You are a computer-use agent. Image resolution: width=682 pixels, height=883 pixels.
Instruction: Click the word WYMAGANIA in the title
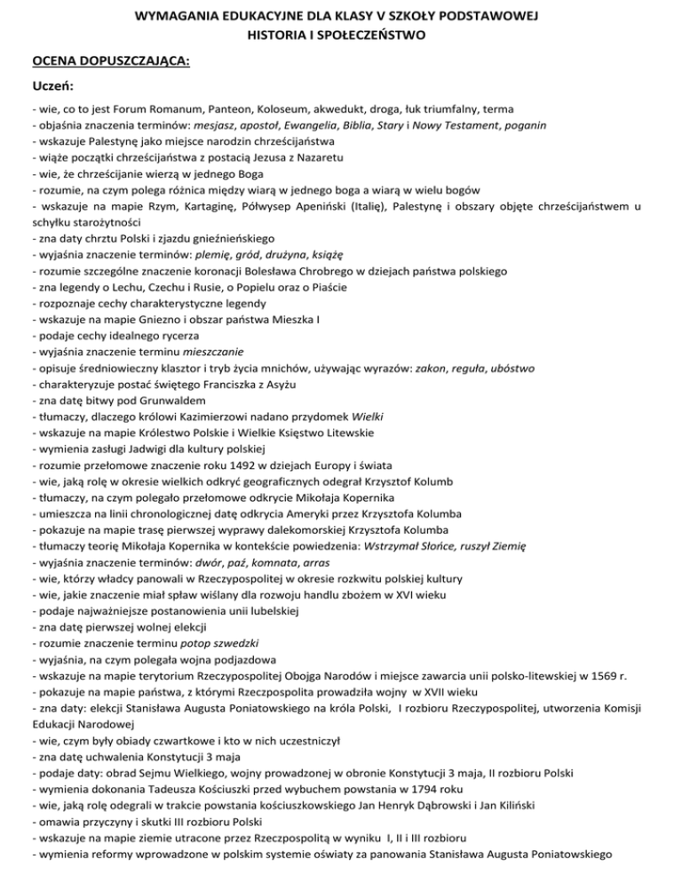click(174, 17)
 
